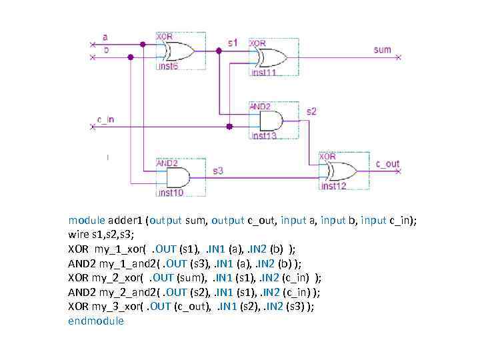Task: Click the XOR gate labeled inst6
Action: coord(178,51)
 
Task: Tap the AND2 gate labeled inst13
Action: coord(269,121)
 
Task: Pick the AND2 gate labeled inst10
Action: coord(176,177)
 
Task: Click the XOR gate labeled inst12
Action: coord(339,171)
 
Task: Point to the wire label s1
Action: coord(232,42)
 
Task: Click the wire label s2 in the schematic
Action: coord(311,111)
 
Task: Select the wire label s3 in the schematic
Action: coord(218,171)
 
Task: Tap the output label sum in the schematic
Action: coord(382,49)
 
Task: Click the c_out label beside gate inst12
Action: coord(387,163)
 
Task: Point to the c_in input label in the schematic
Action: coord(105,119)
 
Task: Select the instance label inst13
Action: coord(263,136)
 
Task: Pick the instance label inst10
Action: coord(170,193)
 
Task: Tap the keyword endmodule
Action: coord(96,321)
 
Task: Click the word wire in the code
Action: coord(78,234)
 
